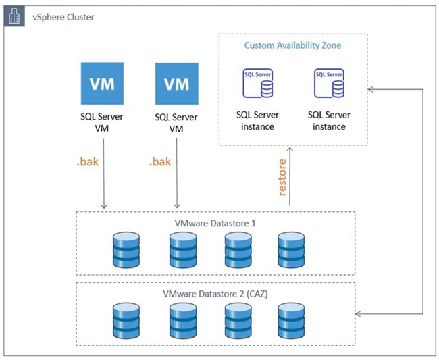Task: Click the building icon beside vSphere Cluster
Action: [14, 16]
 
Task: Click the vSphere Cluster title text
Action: [63, 17]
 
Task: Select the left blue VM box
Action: [102, 84]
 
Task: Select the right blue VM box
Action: [177, 84]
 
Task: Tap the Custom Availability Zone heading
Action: [293, 45]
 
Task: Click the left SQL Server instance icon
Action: [258, 83]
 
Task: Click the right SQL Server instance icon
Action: [330, 83]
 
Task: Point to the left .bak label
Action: [88, 162]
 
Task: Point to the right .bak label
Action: [160, 162]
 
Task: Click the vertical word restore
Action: [282, 177]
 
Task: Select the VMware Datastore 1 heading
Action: [215, 224]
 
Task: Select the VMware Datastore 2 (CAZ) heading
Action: [215, 294]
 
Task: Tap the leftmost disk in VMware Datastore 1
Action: [126, 250]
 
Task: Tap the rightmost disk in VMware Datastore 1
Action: [291, 250]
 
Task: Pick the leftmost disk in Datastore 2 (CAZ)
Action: [126, 321]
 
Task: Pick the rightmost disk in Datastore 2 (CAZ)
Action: [291, 321]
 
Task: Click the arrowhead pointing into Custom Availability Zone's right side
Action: [370, 89]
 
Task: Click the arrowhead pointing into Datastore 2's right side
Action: [358, 314]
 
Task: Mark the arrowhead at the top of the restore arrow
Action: [290, 149]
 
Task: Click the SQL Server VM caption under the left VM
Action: [102, 122]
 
